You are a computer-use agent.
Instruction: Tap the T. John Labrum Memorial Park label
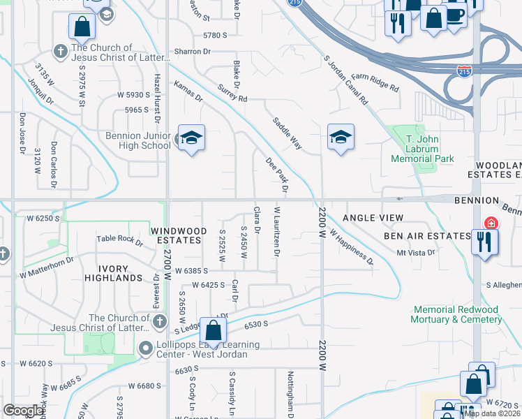[x=422, y=149]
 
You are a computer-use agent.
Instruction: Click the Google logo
[x=24, y=410]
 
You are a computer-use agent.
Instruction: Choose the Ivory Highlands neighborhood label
[x=110, y=273]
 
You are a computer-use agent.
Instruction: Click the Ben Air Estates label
[x=427, y=236]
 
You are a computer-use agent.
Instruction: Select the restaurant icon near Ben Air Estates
[x=483, y=243]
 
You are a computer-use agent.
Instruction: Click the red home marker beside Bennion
[x=491, y=223]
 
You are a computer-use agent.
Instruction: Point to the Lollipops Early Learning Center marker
[x=146, y=347]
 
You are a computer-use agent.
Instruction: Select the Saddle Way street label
[x=287, y=133]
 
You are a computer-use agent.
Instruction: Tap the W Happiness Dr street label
[x=352, y=248]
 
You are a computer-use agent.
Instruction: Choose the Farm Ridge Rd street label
[x=374, y=82]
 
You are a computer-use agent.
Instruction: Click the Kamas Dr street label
[x=188, y=93]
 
